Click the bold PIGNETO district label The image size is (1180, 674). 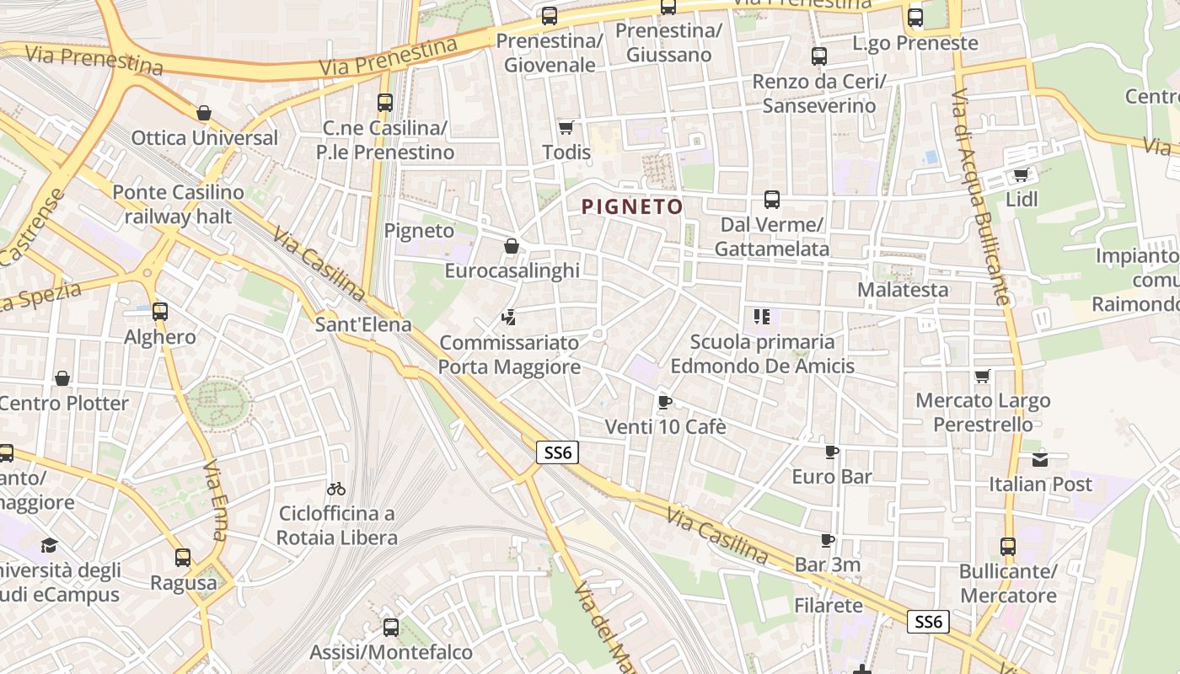coord(632,206)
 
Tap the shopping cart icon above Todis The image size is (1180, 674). coord(566,127)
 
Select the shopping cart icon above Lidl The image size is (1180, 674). coord(1021,174)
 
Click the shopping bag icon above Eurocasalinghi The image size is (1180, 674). coord(511,246)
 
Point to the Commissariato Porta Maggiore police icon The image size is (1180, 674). coord(507,318)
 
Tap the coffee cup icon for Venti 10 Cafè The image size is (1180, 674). coord(664,402)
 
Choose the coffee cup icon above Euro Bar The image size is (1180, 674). coord(832,452)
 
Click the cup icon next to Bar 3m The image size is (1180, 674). coord(828,540)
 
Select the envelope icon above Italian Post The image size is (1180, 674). coord(1040,459)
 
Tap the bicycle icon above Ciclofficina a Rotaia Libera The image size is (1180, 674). coord(336,489)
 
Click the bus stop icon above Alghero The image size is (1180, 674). coord(160,312)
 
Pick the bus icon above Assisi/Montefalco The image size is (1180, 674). coord(391,627)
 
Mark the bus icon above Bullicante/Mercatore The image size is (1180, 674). coord(1008,546)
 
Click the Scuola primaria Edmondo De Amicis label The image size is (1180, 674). coord(762,354)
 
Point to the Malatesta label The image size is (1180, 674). coord(903,290)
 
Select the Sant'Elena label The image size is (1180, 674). coord(363,324)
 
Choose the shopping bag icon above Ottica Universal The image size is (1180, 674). coord(204,113)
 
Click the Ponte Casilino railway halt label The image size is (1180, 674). coord(178,204)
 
